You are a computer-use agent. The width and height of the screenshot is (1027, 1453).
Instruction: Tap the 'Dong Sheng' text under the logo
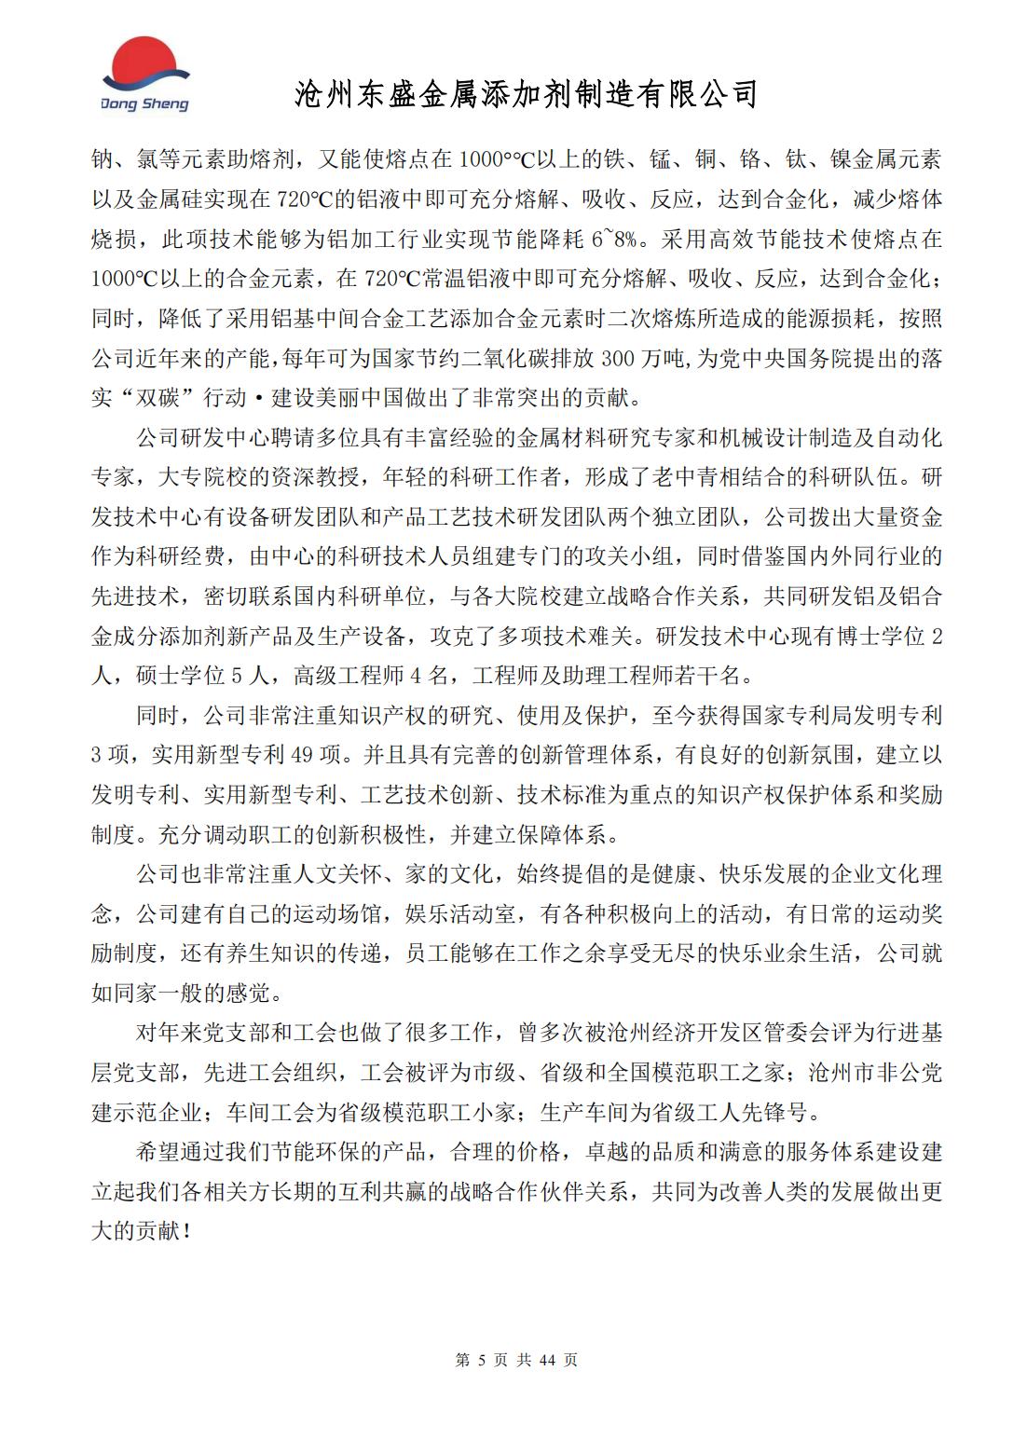coord(144,104)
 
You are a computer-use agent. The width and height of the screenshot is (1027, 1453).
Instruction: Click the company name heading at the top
coord(527,93)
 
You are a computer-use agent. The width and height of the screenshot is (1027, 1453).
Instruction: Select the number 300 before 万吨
coord(622,358)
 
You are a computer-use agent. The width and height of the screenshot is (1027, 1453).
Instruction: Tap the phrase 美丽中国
coord(349,398)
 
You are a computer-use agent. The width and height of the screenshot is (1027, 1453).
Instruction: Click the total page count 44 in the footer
coord(547,1360)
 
